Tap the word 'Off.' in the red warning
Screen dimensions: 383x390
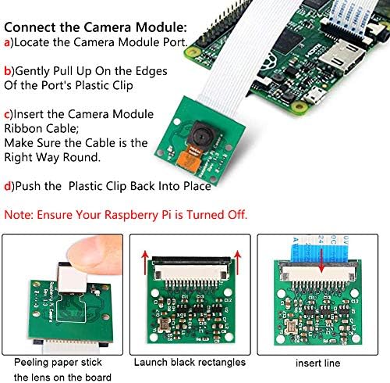tap(233, 213)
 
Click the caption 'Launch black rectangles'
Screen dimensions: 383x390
tap(190, 363)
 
